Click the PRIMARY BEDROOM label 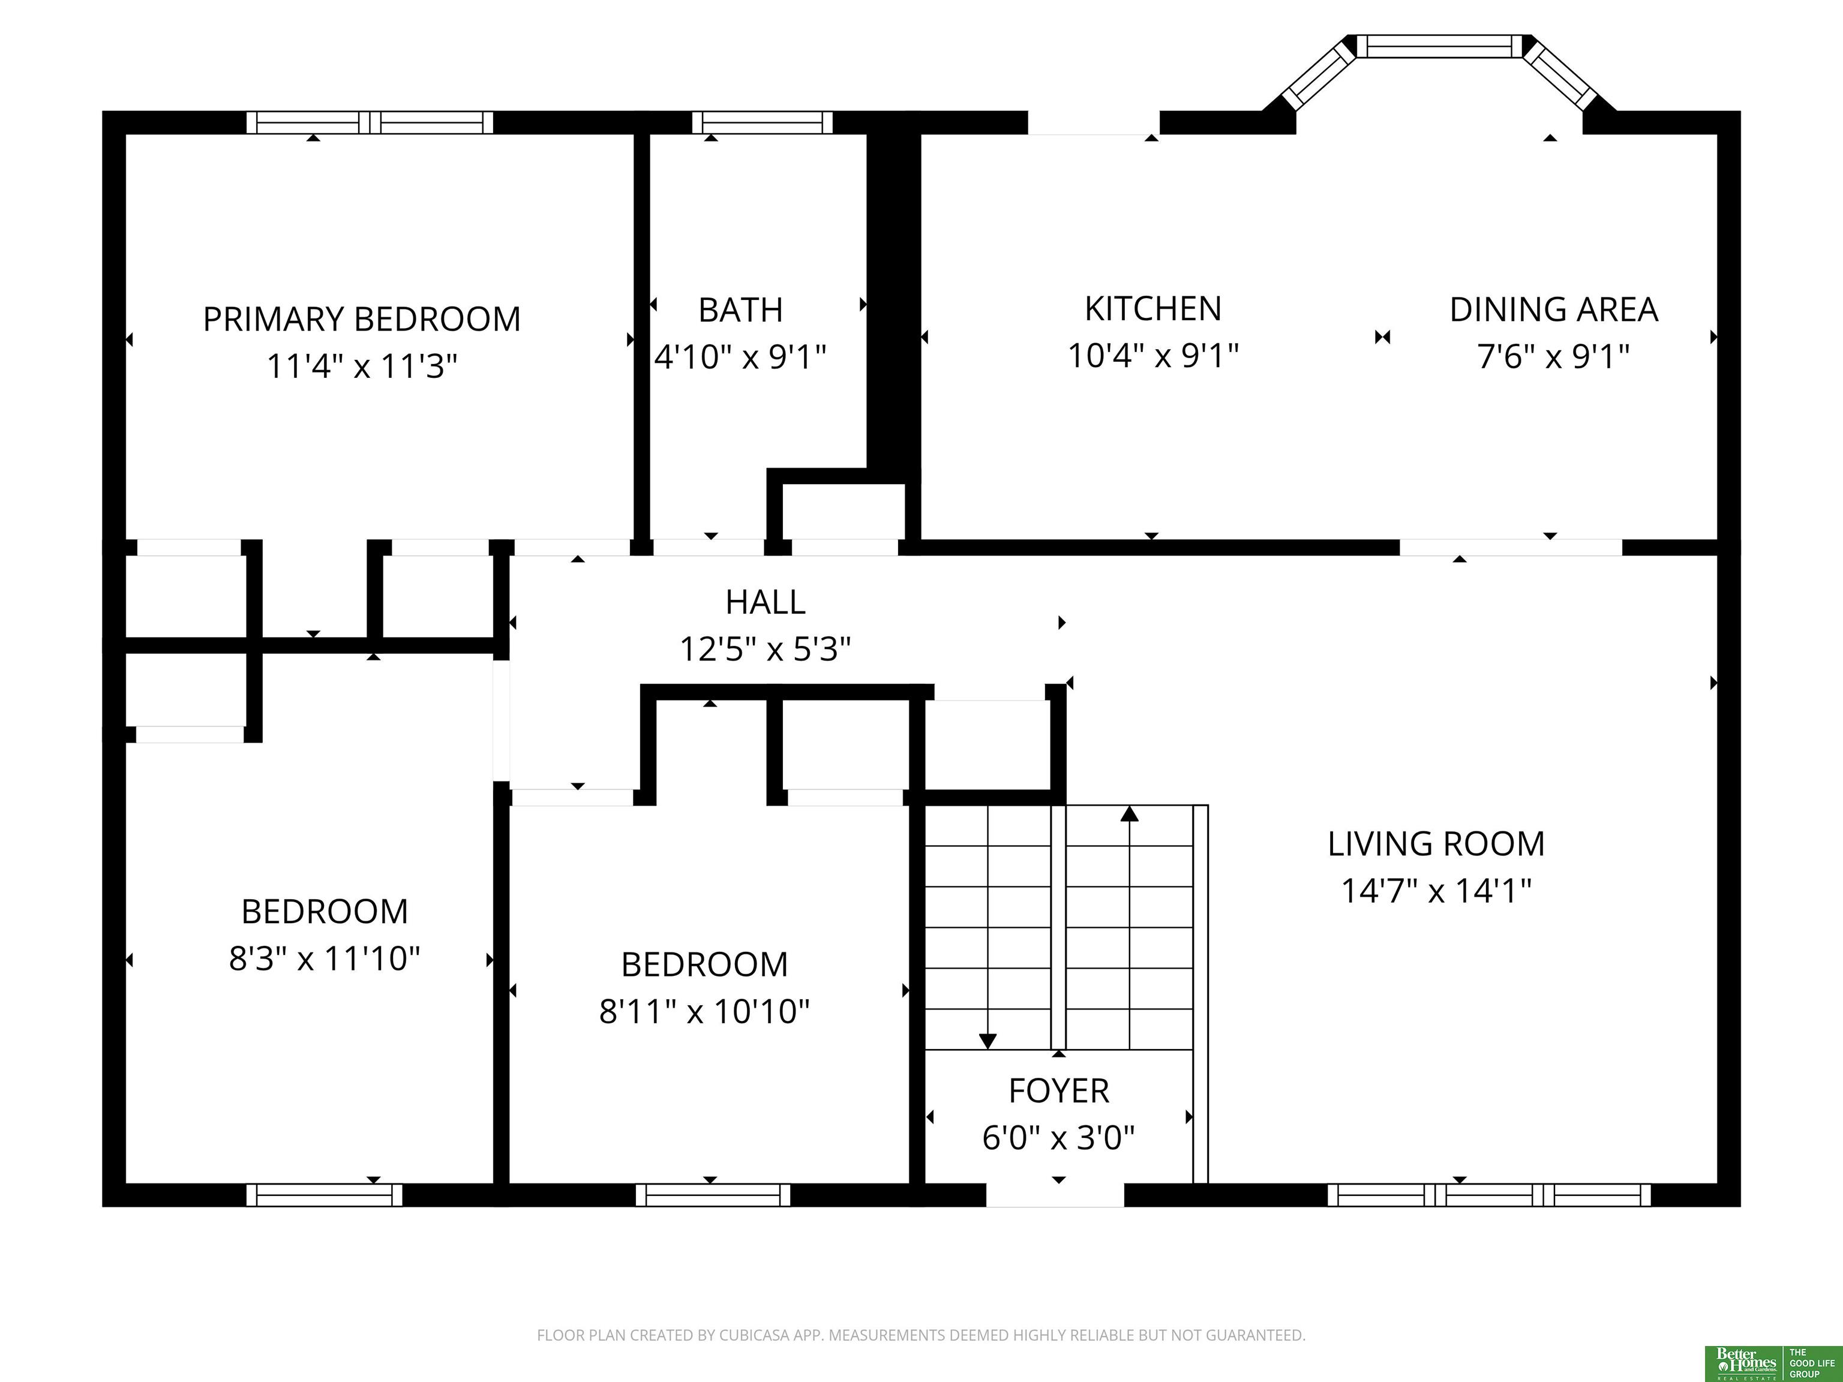362,319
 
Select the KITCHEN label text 1153,309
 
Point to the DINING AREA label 1554,310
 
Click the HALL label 766,602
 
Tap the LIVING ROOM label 1436,844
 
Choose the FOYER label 1059,1090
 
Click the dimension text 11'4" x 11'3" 362,366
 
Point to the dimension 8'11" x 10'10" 705,1011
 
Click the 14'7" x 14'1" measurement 1436,891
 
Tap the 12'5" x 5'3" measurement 766,649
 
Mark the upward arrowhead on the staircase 1130,814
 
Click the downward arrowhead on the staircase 988,1041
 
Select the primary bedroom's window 370,122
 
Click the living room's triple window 1489,1195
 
